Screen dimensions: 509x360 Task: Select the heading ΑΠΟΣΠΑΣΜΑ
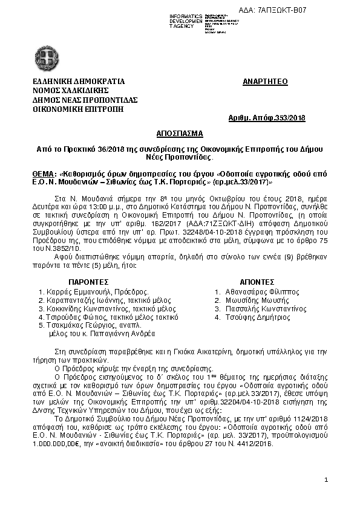click(x=179, y=132)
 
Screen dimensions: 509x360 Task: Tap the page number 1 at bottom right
click(x=326, y=479)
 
